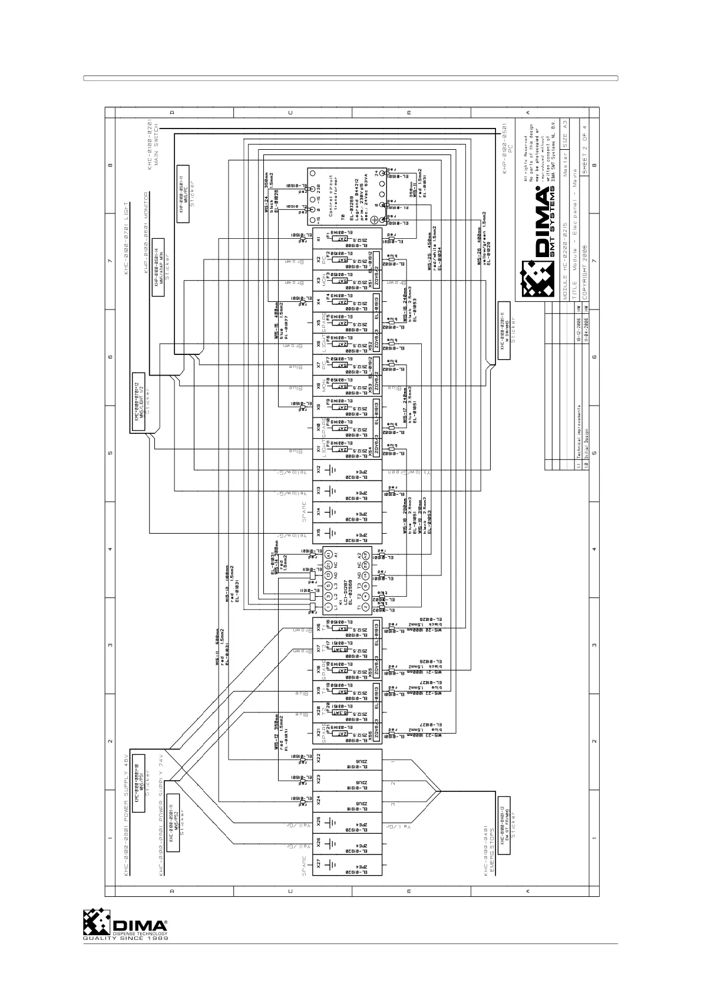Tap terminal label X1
[318, 239]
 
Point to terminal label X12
[318, 470]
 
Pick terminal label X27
[318, 864]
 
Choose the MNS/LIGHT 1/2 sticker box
[137, 402]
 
